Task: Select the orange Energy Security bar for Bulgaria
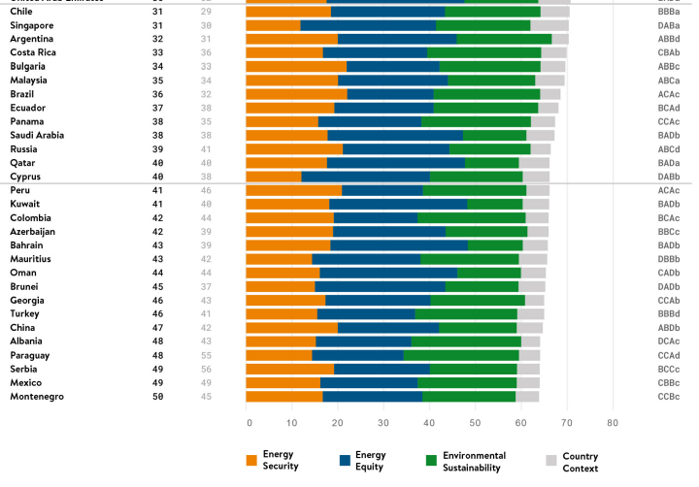pos(296,66)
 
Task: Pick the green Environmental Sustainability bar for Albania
pos(466,341)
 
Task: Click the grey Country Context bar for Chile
pos(554,12)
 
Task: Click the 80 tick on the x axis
pos(612,423)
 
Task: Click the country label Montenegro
pos(37,397)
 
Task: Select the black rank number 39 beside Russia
pos(158,148)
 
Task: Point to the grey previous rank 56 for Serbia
pos(205,370)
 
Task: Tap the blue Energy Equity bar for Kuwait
pos(398,204)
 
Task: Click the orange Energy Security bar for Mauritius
pos(279,259)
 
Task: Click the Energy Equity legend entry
pos(370,461)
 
